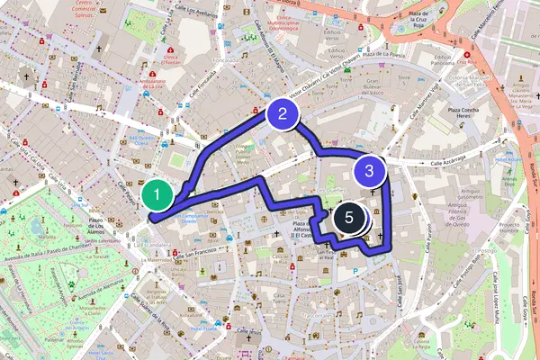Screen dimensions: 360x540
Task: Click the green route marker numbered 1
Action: point(157,193)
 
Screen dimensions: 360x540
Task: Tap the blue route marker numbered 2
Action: point(283,113)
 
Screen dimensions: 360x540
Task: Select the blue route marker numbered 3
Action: point(369,169)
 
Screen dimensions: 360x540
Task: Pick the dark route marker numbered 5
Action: point(349,218)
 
